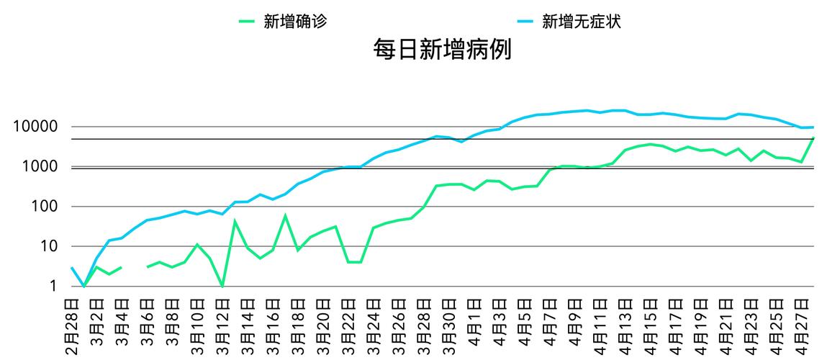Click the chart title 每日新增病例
pyautogui.click(x=442, y=50)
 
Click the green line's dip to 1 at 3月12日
pyautogui.click(x=222, y=286)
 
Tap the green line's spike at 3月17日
pyautogui.click(x=285, y=215)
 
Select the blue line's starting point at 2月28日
pyautogui.click(x=72, y=268)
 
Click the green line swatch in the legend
pyautogui.click(x=247, y=22)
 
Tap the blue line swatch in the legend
pyautogui.click(x=525, y=22)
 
